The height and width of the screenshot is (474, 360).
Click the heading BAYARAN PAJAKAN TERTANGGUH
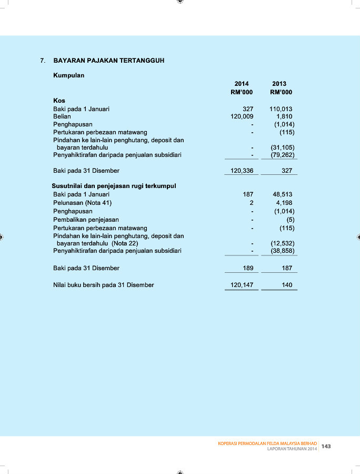coord(109,61)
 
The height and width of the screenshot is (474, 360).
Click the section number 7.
coord(43,61)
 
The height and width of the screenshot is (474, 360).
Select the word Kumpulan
coord(69,75)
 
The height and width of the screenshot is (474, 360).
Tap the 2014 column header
coord(242,84)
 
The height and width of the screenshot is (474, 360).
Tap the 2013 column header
coord(279,84)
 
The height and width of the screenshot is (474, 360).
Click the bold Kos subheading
coord(59,100)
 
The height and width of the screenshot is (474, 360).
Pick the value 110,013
coord(281,109)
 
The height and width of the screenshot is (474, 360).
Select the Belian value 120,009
coord(242,116)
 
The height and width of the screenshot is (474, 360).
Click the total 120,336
coord(242,171)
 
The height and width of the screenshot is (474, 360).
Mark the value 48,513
coord(283,194)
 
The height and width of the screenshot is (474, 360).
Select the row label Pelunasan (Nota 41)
coord(83,203)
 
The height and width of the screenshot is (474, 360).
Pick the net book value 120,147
coord(242,285)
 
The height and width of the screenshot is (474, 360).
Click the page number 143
coord(326,446)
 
